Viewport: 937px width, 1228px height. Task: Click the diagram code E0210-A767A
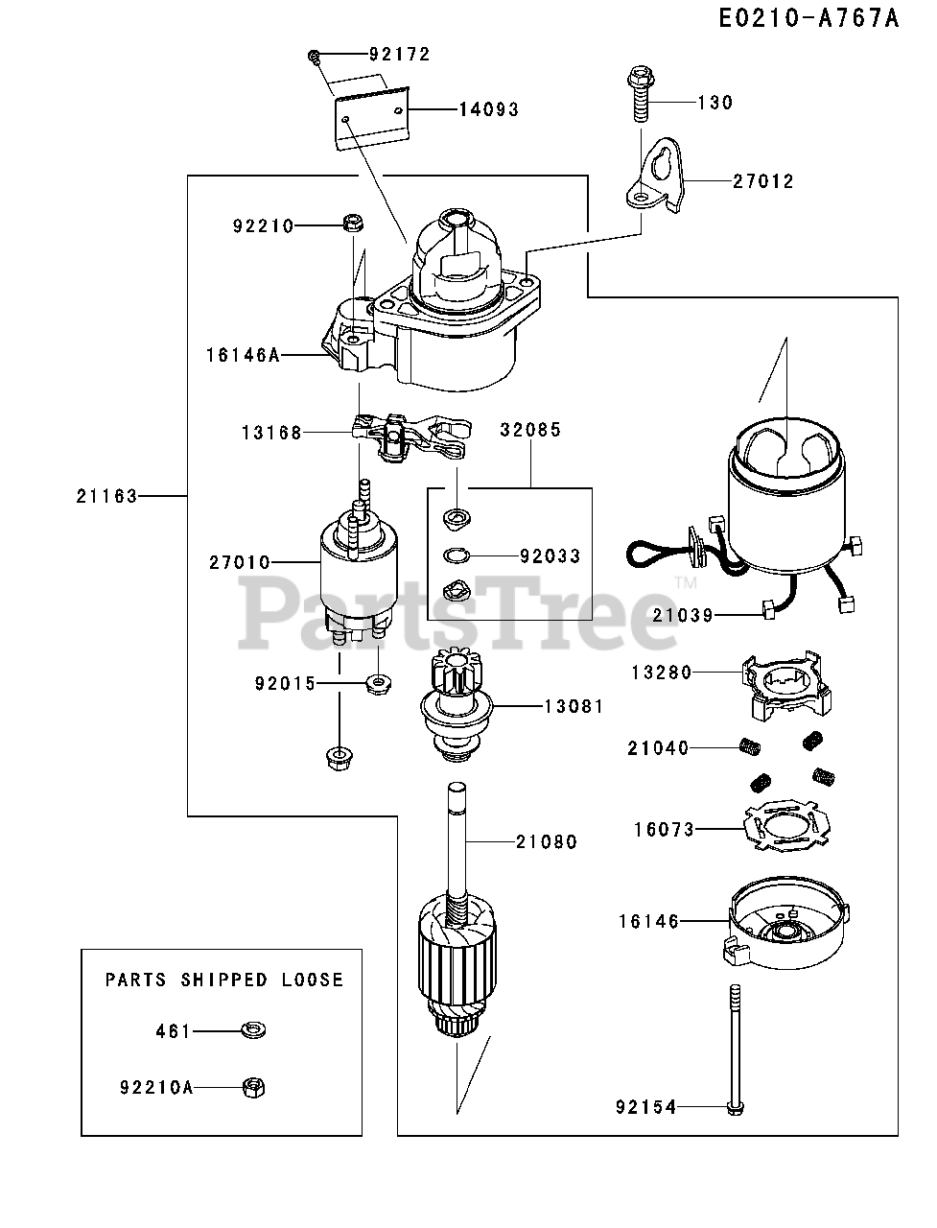(x=808, y=19)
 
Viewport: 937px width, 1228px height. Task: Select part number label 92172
(x=400, y=55)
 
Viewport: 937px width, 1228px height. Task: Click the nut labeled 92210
(x=353, y=224)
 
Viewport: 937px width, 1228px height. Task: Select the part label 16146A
(x=243, y=355)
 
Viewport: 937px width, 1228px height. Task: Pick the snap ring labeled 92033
(x=457, y=556)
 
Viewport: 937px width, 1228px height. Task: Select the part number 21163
(x=106, y=496)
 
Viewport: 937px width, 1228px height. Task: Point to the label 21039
(x=683, y=615)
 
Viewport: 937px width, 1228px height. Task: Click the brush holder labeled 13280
(x=786, y=684)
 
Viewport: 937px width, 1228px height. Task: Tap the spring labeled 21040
(x=749, y=747)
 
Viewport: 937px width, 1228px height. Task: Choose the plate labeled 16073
(x=786, y=829)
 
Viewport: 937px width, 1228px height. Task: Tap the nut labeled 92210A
(x=254, y=1087)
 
